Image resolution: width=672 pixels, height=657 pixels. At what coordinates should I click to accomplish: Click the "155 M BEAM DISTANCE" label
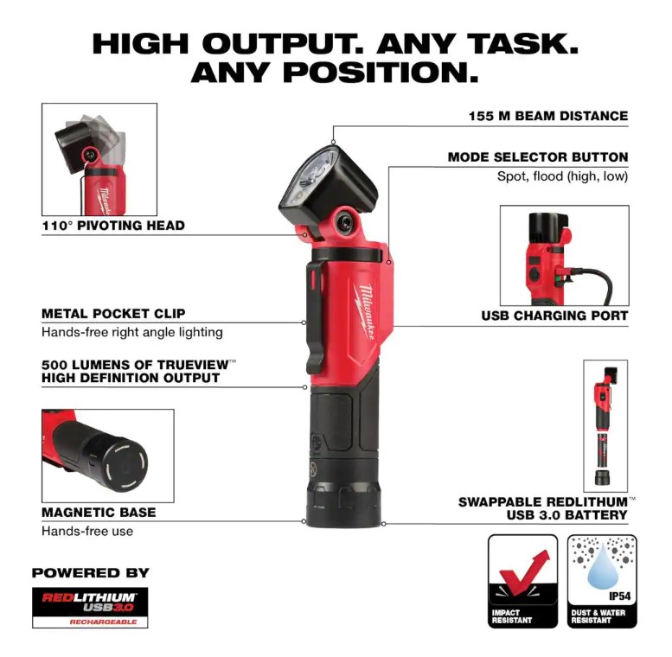point(548,116)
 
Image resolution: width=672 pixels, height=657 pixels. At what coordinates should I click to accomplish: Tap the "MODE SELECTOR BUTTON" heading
point(538,157)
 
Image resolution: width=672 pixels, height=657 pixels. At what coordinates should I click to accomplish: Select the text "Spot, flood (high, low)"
point(562,176)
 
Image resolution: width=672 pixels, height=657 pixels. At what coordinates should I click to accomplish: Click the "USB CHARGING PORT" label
point(554,316)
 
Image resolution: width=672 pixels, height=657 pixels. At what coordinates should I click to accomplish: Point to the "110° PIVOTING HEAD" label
point(113,226)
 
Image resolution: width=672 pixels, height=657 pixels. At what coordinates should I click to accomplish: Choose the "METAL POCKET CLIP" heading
point(113,314)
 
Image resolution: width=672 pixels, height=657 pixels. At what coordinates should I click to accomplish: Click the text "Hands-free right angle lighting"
point(132,332)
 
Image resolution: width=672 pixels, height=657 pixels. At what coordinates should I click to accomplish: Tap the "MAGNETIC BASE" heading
point(99,513)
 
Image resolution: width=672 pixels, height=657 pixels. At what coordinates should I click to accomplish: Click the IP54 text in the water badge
point(620,596)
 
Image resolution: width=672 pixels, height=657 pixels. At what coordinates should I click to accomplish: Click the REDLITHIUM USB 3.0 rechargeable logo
point(90,608)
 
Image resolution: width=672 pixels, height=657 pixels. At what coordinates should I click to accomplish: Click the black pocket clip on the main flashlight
point(315,317)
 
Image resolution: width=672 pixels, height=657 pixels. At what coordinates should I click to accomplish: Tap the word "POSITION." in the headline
point(381,73)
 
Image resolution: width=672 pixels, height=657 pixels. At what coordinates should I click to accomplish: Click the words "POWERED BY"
point(91,573)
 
